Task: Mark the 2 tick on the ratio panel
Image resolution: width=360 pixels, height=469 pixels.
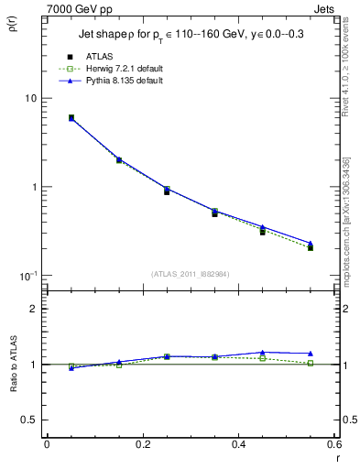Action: coord(33,309)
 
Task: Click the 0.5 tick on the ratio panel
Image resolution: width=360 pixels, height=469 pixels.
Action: coord(28,420)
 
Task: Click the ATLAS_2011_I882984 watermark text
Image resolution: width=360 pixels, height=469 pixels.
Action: coord(190,274)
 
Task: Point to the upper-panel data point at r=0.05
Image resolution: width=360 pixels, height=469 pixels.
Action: coord(71,118)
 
